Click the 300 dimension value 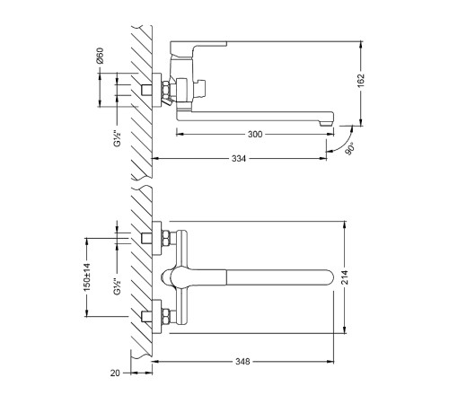(255, 134)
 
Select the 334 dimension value (239, 158)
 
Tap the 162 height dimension (361, 80)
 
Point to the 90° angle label (350, 149)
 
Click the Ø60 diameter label (100, 56)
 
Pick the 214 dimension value (345, 277)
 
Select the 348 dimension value (242, 362)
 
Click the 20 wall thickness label (115, 373)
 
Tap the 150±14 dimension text (87, 277)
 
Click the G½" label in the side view (117, 138)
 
